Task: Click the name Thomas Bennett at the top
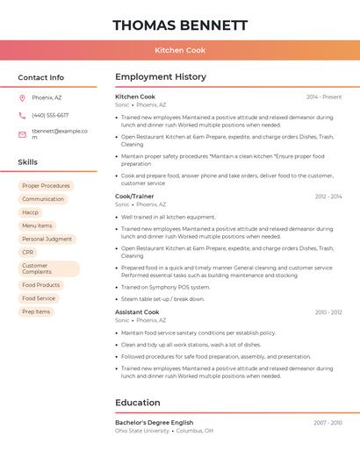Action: pyautogui.click(x=180, y=25)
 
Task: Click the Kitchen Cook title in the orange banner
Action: pyautogui.click(x=180, y=50)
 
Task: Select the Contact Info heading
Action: pyautogui.click(x=40, y=77)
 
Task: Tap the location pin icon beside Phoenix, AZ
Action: pyautogui.click(x=22, y=97)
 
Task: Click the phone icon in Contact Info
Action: pyautogui.click(x=22, y=115)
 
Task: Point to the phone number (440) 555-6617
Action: pyautogui.click(x=50, y=115)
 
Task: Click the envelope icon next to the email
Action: pyautogui.click(x=22, y=134)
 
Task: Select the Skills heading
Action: pyautogui.click(x=28, y=162)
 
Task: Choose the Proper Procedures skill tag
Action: pyautogui.click(x=46, y=186)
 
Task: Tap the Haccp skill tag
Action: pyautogui.click(x=31, y=212)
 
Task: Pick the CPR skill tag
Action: pyautogui.click(x=28, y=252)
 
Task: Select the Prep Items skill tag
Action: pyautogui.click(x=36, y=311)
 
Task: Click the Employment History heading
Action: pyautogui.click(x=161, y=77)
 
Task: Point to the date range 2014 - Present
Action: pyautogui.click(x=324, y=97)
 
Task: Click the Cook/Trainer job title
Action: pyautogui.click(x=134, y=197)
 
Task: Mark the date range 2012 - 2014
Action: pyautogui.click(x=328, y=197)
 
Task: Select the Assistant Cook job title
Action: pyautogui.click(x=137, y=312)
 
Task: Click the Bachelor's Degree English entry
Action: pyautogui.click(x=154, y=423)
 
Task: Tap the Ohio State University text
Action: pyautogui.click(x=142, y=431)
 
